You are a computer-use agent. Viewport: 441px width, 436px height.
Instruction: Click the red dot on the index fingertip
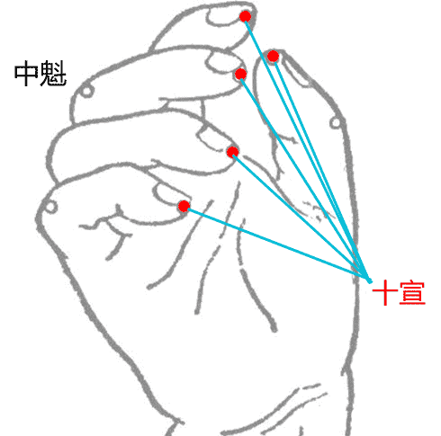pos(246,16)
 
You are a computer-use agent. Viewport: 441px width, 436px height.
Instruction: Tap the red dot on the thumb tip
pos(273,56)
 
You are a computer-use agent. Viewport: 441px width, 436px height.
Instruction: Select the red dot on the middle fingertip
pos(240,74)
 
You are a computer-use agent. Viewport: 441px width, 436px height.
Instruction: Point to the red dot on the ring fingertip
pos(232,152)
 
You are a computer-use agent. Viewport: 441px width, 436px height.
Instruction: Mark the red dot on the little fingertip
pos(184,206)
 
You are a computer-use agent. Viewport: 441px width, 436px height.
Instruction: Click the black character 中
pos(26,74)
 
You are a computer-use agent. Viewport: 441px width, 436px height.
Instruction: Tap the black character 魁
pos(53,74)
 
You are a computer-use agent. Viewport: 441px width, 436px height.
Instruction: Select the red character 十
pos(385,293)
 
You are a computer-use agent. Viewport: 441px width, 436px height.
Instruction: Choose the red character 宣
pos(413,293)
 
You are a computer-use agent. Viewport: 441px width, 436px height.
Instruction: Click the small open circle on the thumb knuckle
pos(335,122)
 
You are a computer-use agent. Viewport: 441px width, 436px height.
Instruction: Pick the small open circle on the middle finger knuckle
pos(86,91)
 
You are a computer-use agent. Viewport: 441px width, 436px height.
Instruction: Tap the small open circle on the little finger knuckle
pos(50,207)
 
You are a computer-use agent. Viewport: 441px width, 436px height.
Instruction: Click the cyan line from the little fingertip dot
pos(276,244)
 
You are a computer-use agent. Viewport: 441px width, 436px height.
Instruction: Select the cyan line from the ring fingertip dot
pos(301,217)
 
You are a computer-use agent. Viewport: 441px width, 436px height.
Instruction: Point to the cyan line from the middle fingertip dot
pos(305,178)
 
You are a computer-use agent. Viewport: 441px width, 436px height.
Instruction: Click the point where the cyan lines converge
pos(370,281)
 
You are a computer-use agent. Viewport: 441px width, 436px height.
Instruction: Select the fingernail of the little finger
pos(169,194)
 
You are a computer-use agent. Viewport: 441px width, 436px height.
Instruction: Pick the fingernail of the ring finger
pos(214,139)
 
